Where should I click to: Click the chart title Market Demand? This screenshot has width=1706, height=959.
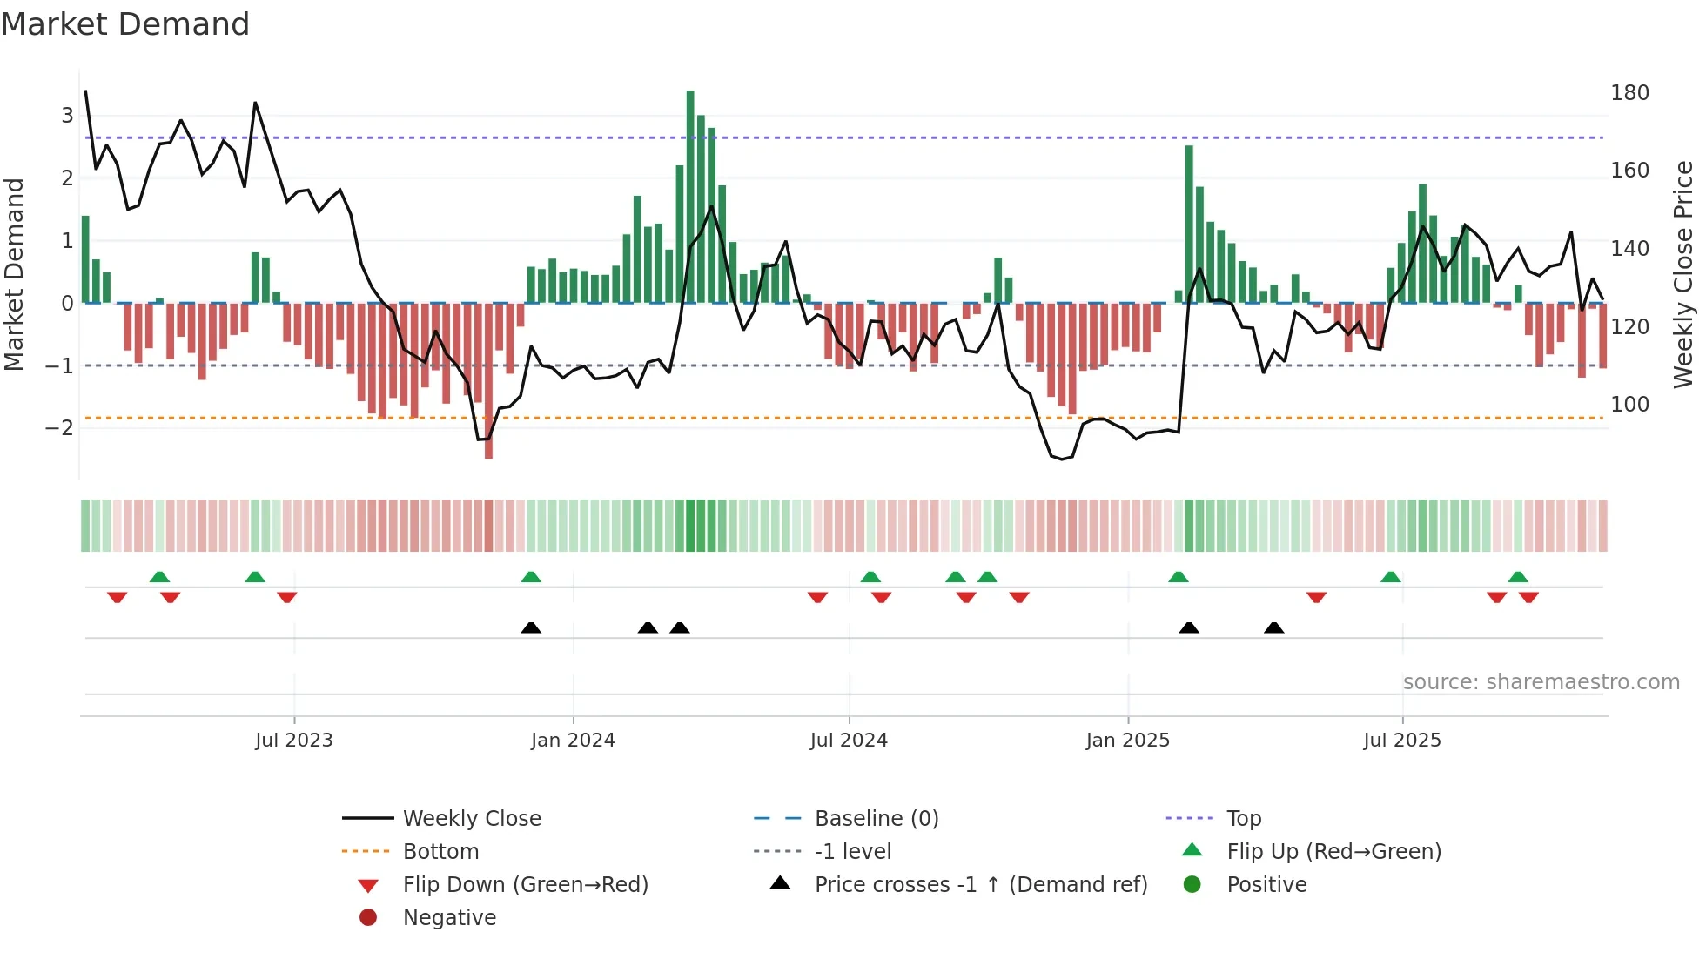tap(125, 23)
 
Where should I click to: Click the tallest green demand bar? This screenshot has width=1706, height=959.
tap(690, 196)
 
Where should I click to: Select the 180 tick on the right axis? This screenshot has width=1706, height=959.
tap(1629, 93)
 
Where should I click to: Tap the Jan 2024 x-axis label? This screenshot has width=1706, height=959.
tap(573, 741)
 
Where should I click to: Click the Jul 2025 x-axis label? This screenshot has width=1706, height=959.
tap(1402, 741)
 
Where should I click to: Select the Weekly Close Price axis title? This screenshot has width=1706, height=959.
tap(1683, 274)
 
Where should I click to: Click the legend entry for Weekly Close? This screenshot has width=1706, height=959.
tap(471, 819)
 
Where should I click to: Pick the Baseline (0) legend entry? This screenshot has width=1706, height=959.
tap(876, 819)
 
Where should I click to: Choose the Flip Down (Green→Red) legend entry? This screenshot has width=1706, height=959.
tap(525, 885)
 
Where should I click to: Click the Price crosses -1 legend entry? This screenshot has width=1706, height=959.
tap(980, 885)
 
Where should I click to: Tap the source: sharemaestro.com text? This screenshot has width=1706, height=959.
tap(1541, 682)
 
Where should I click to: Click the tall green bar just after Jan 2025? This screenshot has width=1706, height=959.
tap(1189, 225)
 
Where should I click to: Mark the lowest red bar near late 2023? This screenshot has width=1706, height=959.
tap(488, 380)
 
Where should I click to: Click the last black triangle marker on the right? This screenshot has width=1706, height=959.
tap(1273, 627)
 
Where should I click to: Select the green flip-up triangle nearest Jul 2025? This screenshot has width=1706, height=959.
tap(1390, 577)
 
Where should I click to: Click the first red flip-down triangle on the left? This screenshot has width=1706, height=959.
tap(117, 597)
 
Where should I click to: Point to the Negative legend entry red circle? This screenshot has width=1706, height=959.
tap(368, 918)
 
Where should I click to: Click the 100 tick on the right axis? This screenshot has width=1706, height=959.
tap(1629, 405)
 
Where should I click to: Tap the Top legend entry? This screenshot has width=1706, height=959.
tap(1243, 819)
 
